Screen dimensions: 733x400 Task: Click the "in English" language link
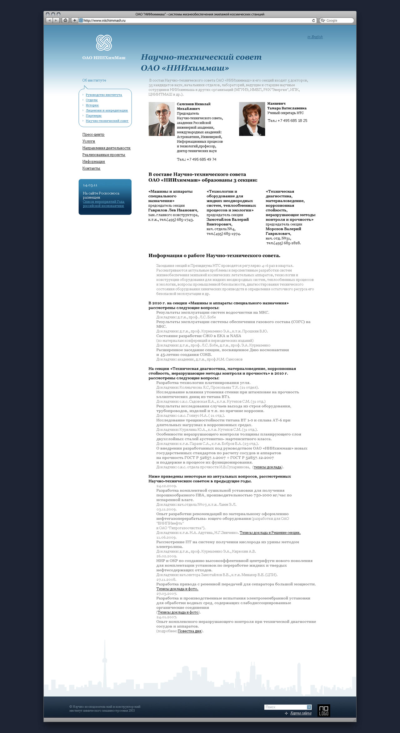(x=315, y=37)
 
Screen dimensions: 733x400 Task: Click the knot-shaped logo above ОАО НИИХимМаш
(x=104, y=43)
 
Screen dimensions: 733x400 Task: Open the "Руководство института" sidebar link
(x=104, y=95)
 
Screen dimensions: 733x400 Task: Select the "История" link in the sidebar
(x=92, y=105)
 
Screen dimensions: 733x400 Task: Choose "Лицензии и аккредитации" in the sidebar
(x=107, y=111)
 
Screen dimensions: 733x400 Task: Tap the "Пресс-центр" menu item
(x=93, y=135)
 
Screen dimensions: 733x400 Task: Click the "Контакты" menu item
(x=91, y=168)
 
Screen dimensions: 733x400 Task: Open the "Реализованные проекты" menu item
(x=104, y=155)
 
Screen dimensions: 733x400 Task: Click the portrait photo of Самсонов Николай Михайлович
(x=162, y=119)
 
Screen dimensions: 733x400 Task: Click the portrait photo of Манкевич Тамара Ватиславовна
(x=252, y=119)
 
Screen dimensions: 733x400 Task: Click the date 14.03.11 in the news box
(x=90, y=185)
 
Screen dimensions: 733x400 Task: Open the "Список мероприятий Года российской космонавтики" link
(x=103, y=204)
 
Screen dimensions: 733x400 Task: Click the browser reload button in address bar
(x=313, y=21)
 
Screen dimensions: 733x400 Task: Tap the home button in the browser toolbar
(x=65, y=21)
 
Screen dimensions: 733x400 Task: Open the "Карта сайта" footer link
(x=301, y=713)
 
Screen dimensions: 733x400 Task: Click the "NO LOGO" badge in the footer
(x=323, y=711)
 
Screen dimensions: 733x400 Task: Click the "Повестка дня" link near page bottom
(x=189, y=631)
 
